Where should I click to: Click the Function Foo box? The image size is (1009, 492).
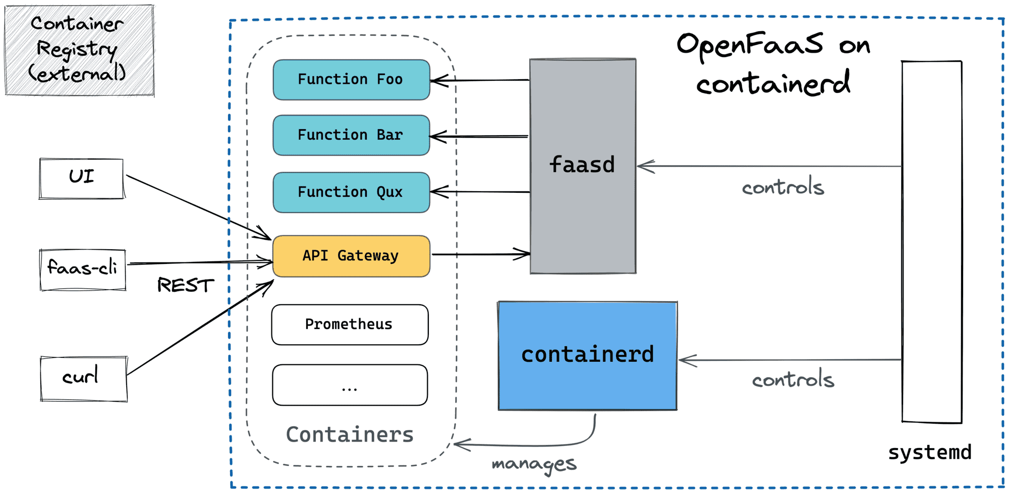point(351,80)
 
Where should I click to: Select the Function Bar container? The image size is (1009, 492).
point(351,135)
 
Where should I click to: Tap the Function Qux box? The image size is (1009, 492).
point(351,192)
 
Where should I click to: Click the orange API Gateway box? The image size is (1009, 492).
point(351,256)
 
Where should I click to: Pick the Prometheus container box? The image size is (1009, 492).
point(350,324)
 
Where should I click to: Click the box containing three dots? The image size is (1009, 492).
point(350,385)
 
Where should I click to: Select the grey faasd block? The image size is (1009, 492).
point(582,212)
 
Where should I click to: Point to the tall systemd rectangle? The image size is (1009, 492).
point(931,242)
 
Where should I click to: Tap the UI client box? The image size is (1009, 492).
point(81,178)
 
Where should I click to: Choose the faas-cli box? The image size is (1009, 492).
point(83,269)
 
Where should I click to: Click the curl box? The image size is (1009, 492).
point(83,378)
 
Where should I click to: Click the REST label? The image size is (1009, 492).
point(185,285)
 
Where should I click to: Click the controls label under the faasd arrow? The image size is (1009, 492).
point(782,187)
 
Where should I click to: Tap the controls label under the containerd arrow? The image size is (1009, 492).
point(793,379)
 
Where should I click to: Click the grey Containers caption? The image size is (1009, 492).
point(350,434)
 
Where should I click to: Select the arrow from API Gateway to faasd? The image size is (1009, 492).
point(479,254)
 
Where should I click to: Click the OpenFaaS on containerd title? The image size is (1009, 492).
point(773,63)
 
